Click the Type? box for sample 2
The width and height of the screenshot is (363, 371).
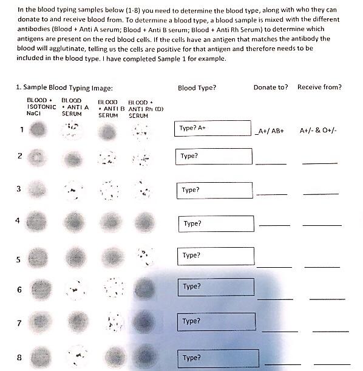213,156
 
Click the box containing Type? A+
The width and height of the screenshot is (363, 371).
212,129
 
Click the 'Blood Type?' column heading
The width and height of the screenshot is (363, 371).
197,87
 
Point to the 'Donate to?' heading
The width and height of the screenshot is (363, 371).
271,87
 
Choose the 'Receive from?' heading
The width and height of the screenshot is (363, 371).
319,87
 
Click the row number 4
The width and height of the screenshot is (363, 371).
17,220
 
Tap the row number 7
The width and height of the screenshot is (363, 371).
19,323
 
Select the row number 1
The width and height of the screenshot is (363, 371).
21,129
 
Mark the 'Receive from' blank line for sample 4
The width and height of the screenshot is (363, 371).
322,225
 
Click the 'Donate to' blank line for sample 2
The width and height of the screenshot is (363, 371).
271,163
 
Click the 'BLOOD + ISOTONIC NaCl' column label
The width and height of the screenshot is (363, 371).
41,106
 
